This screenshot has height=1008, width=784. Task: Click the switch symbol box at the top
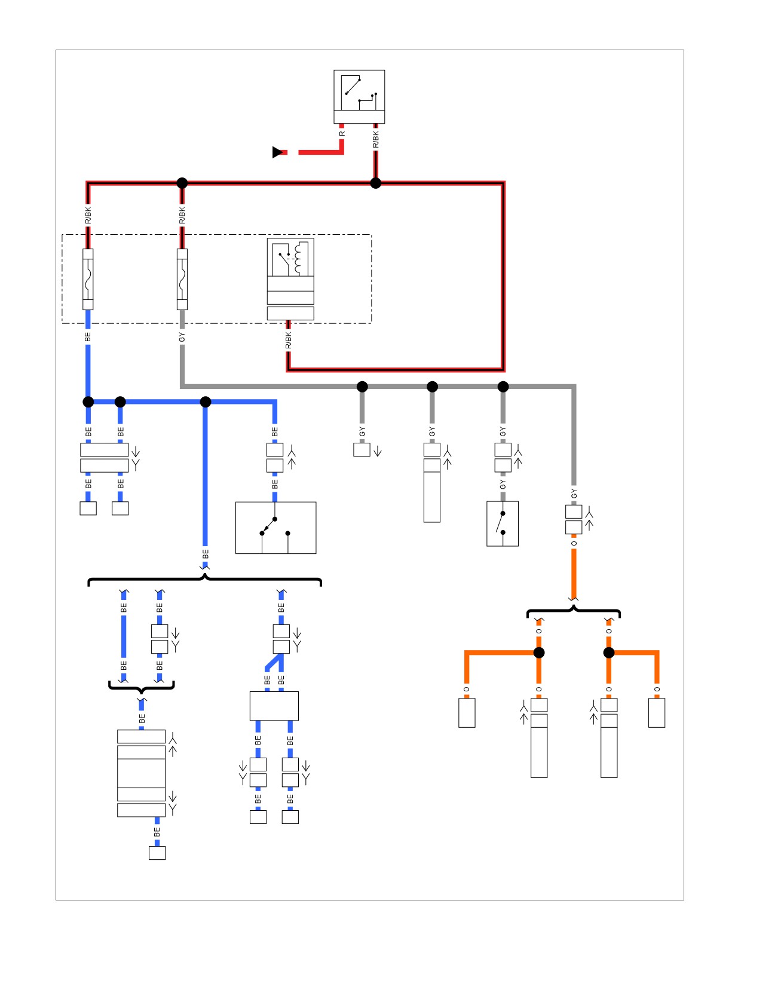(x=359, y=97)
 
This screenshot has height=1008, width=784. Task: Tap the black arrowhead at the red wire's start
(x=278, y=152)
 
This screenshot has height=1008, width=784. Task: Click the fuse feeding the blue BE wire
(x=88, y=280)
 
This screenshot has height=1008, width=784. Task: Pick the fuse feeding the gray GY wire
(x=182, y=280)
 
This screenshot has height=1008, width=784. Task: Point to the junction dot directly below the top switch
(x=375, y=183)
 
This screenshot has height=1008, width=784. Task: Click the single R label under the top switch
(x=342, y=134)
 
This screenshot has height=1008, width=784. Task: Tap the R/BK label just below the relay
(x=288, y=340)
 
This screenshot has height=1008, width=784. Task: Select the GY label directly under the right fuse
(x=182, y=338)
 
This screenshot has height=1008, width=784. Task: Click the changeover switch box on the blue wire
(x=275, y=528)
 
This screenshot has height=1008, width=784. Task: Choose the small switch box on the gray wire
(x=503, y=523)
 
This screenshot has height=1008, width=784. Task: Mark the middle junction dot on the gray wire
(x=432, y=387)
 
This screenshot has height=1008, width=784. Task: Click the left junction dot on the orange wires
(x=539, y=652)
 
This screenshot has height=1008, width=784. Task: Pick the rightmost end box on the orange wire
(x=657, y=713)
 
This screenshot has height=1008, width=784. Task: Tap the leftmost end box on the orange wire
(x=467, y=713)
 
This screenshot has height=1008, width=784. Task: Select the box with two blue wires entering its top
(x=274, y=706)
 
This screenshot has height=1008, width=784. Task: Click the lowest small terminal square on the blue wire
(x=157, y=853)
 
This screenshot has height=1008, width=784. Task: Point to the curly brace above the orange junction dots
(x=573, y=611)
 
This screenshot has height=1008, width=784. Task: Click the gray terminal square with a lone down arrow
(x=362, y=449)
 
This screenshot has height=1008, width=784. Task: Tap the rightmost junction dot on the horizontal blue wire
(x=206, y=402)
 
